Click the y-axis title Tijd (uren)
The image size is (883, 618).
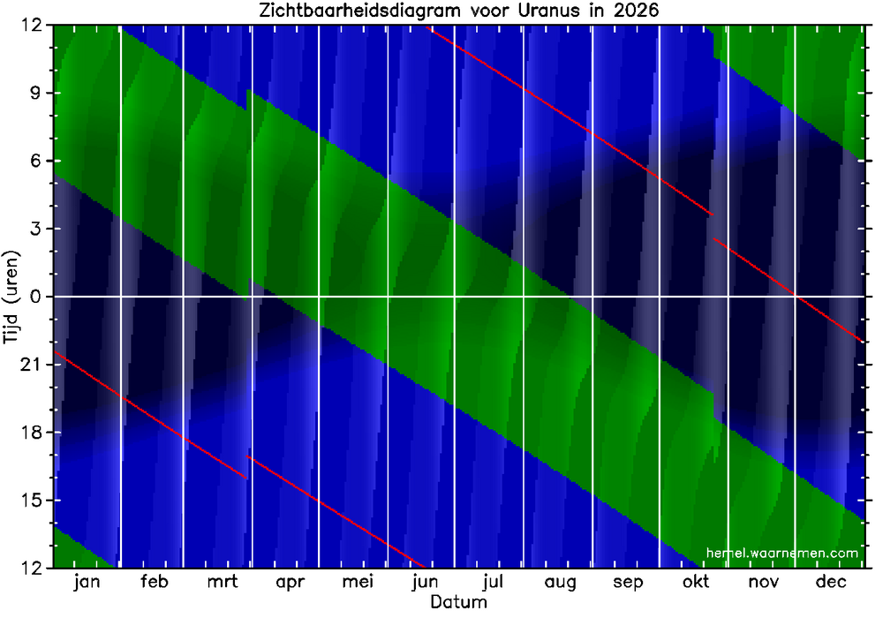[12, 297]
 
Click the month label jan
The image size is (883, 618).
[87, 583]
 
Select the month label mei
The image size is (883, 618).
[358, 583]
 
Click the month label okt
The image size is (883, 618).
[695, 583]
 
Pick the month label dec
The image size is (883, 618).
[831, 583]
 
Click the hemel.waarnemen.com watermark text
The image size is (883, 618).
[782, 553]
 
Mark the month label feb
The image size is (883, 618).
[154, 583]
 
